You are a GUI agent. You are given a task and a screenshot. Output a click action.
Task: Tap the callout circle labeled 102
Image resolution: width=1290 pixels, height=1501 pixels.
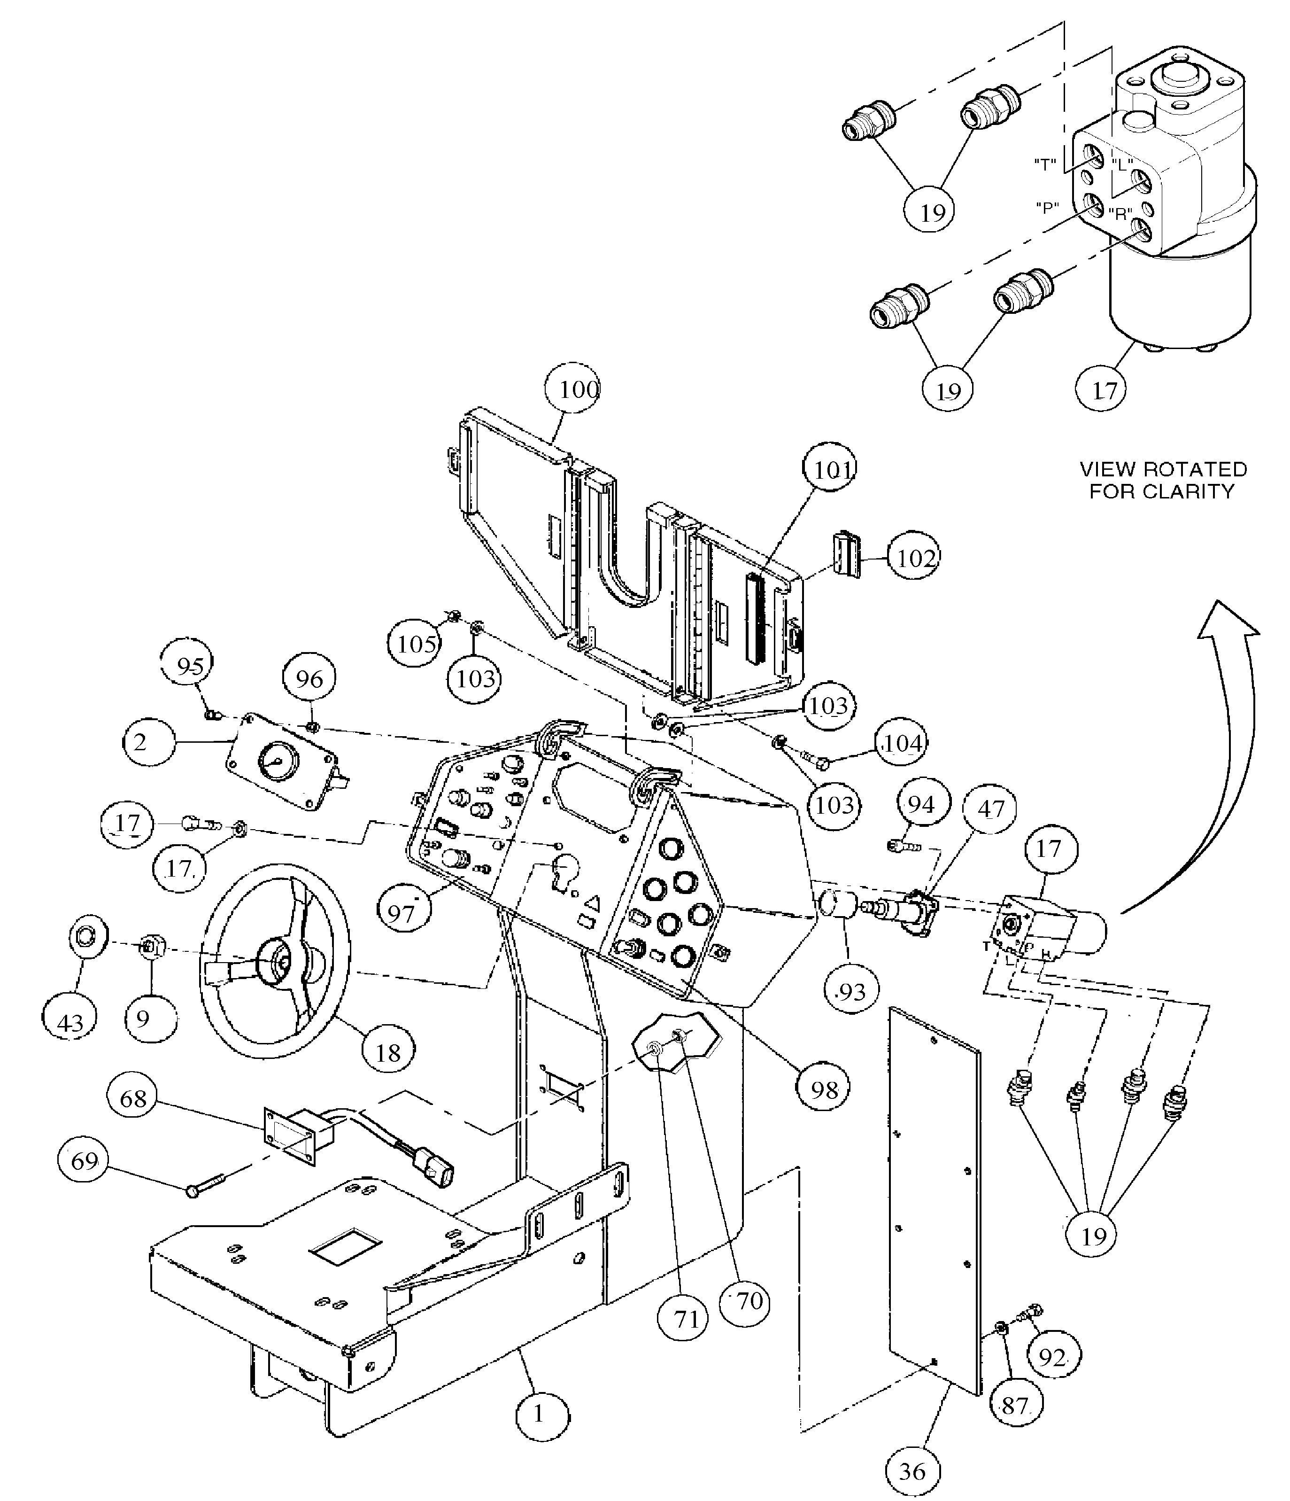(913, 557)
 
